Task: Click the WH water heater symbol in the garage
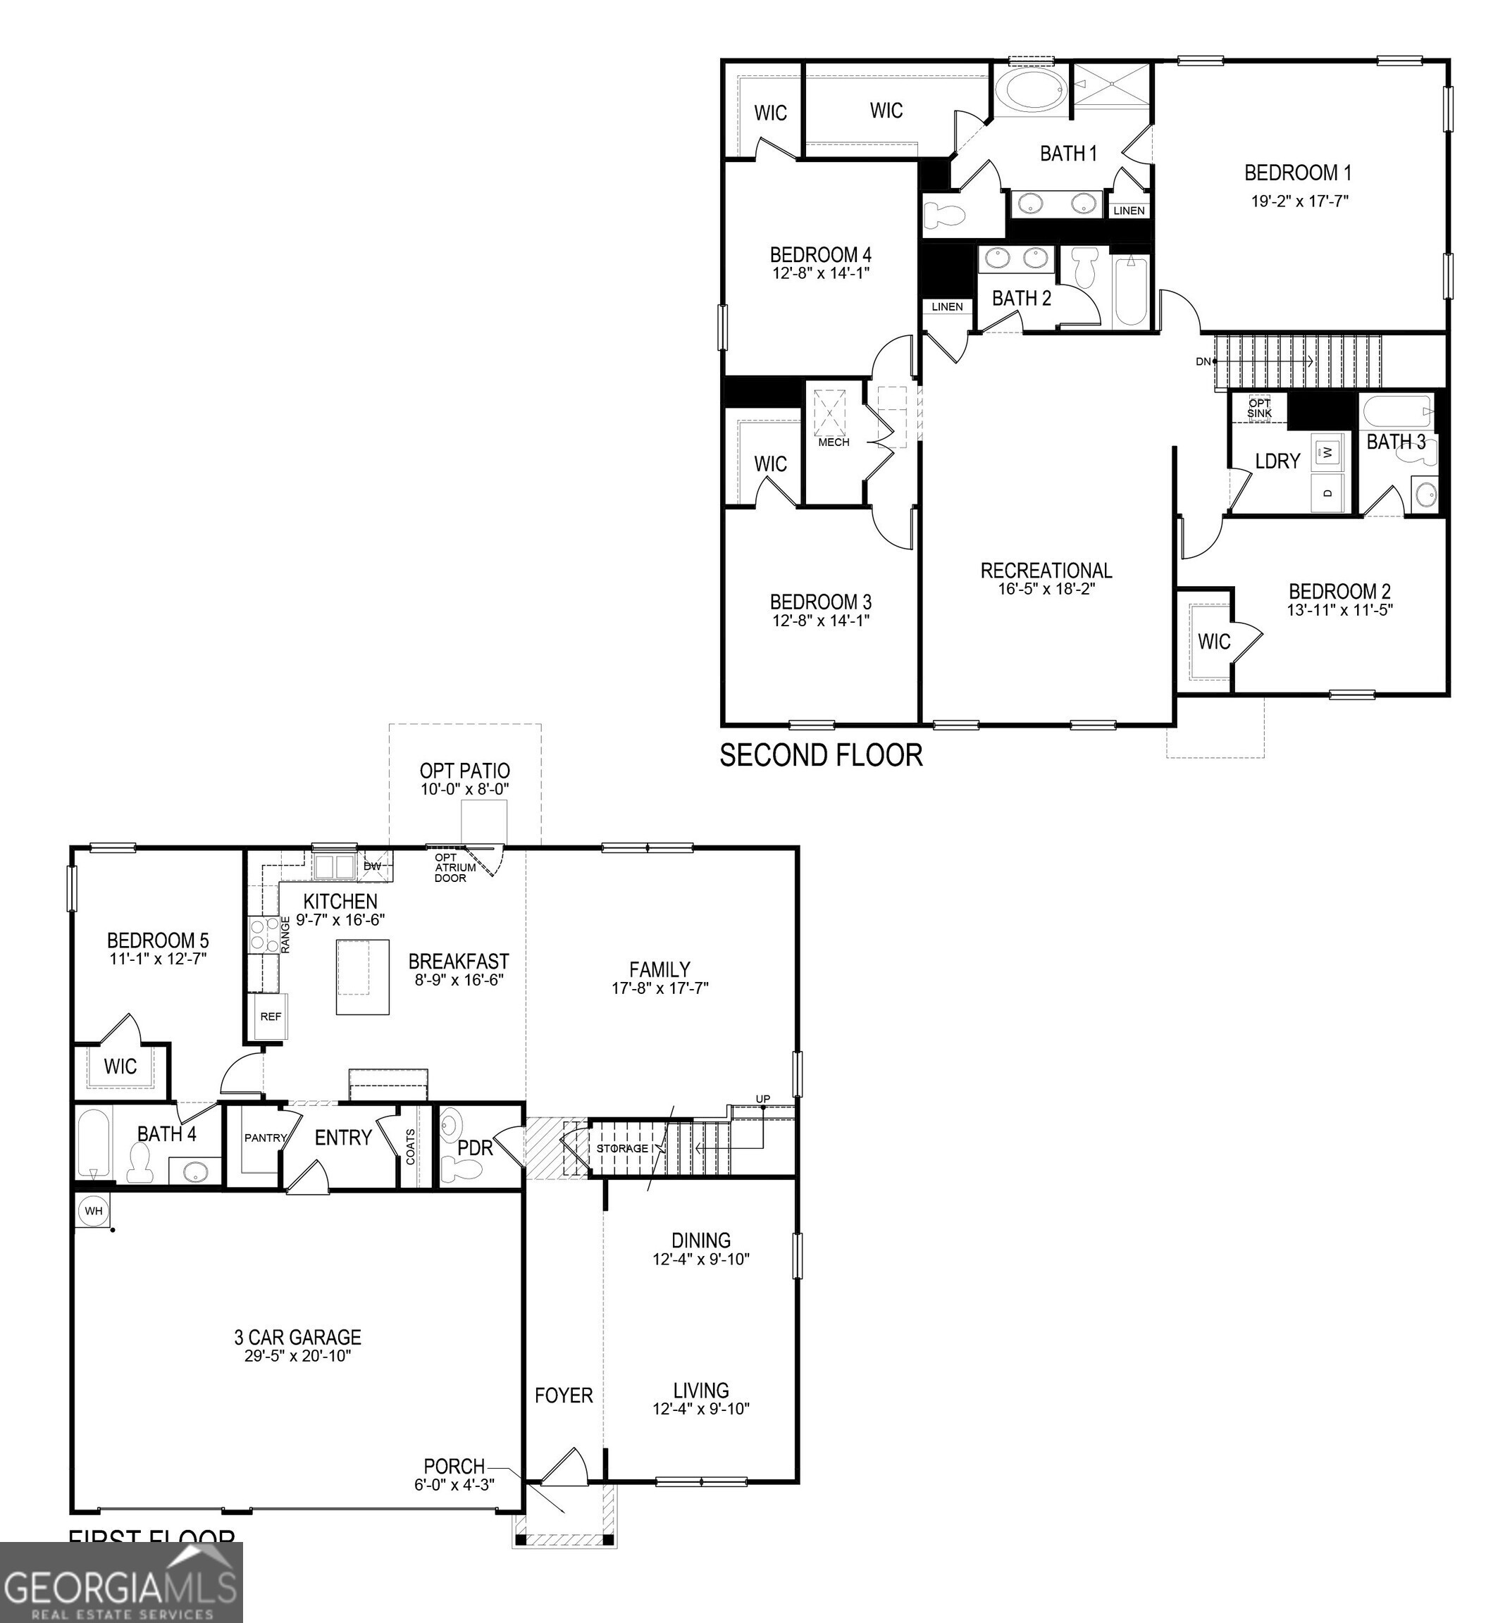[x=94, y=1211]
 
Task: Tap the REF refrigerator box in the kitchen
[x=271, y=1016]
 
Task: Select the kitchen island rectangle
[x=362, y=976]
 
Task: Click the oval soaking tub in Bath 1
[x=1031, y=89]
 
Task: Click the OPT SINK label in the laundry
[x=1259, y=408]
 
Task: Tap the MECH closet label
[x=833, y=442]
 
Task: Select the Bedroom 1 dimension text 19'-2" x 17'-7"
[x=1300, y=200]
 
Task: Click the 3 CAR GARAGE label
[x=297, y=1336]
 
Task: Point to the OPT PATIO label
[x=464, y=771]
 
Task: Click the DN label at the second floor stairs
[x=1203, y=361]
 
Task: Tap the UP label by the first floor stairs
[x=762, y=1100]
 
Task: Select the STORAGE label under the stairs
[x=622, y=1148]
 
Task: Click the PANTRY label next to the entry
[x=266, y=1138]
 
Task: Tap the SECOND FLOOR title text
[x=821, y=755]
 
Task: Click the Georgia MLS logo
[x=120, y=1582]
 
